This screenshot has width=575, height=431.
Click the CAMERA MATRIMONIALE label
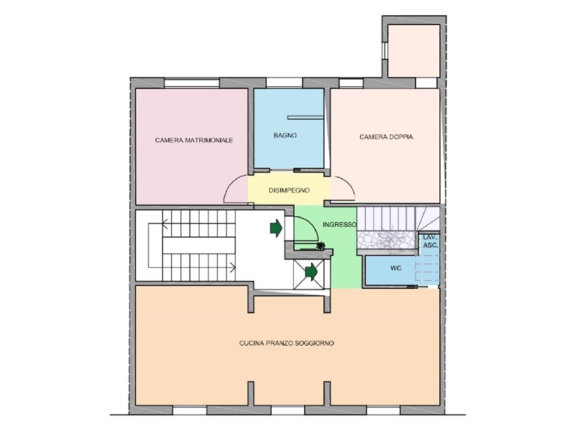coord(194,140)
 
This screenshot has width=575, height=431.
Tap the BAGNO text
coord(285,135)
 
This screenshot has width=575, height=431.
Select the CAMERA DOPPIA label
coord(386,136)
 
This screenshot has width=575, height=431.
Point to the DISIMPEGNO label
coord(289,190)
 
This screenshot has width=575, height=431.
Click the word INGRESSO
coord(339,224)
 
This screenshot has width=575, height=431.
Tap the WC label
coord(396,268)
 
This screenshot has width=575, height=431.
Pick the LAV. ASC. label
coord(430,241)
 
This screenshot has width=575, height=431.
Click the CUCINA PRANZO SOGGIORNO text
coord(286,343)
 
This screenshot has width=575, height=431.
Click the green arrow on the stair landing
coord(276,228)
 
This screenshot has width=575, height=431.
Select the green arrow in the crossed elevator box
coord(311,272)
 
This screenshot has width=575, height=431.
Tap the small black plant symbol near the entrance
coord(321,245)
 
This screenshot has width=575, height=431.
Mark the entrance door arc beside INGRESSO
coord(312,223)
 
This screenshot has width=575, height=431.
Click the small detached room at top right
coord(414,51)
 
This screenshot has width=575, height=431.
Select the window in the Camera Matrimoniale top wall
coord(191,83)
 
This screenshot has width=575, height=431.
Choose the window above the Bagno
coord(284,83)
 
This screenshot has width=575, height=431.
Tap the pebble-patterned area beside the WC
coord(387,240)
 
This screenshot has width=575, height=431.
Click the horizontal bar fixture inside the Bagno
coord(305,118)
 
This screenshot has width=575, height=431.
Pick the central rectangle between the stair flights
coord(199,245)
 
